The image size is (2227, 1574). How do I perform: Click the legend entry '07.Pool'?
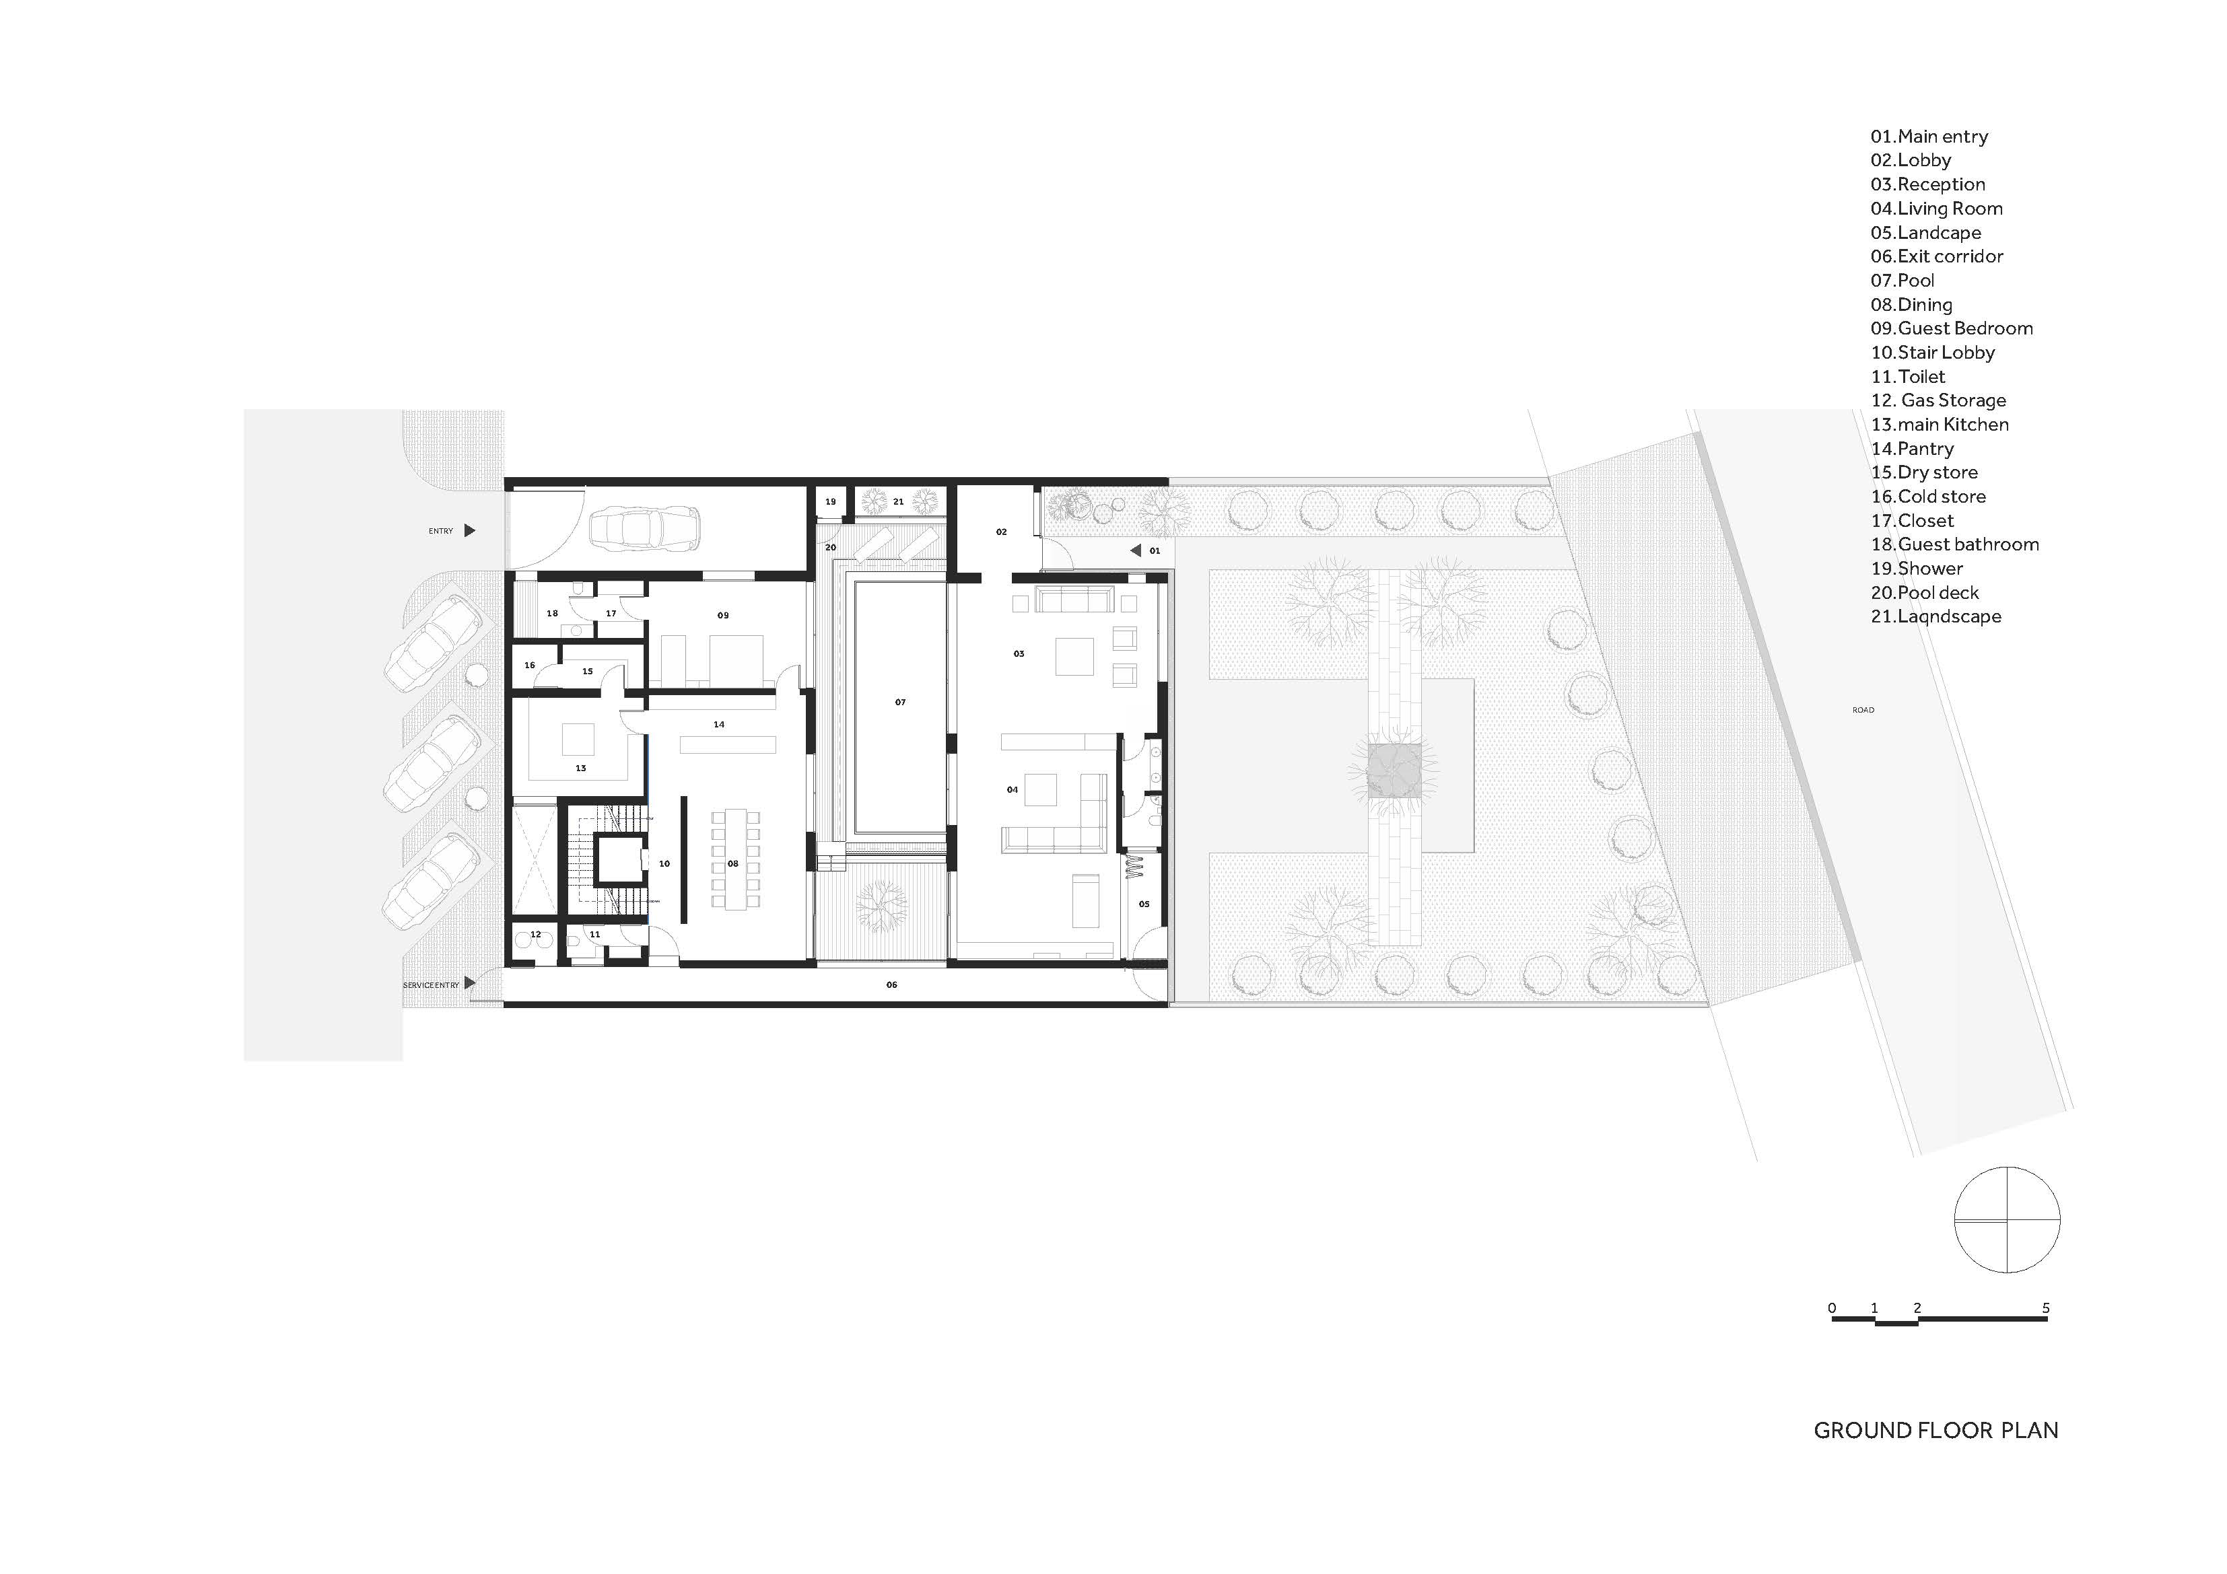1901,280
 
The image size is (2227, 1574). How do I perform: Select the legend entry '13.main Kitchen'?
1939,425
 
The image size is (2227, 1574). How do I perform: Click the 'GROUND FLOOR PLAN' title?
1935,1431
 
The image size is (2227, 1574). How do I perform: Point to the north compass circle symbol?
2007,1220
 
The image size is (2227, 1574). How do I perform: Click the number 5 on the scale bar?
2046,1308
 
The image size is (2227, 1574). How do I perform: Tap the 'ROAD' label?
1862,710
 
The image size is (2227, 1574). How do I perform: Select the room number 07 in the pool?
900,702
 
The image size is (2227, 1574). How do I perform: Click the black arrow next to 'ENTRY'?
469,530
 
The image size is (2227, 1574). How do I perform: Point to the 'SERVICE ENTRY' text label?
431,985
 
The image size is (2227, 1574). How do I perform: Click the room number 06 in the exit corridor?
891,985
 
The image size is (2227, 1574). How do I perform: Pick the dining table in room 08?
734,859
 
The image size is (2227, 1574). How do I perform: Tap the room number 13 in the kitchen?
580,768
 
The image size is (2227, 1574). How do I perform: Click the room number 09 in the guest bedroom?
722,616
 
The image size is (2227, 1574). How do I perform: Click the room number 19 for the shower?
830,503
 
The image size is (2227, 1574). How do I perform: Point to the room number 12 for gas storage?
535,935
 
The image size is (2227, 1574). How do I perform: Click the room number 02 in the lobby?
1001,532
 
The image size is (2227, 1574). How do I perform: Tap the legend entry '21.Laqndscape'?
1935,617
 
